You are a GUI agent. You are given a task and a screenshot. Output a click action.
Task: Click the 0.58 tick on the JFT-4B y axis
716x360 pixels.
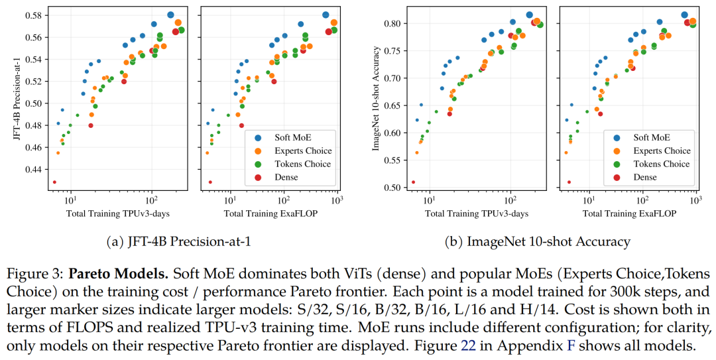pyautogui.click(x=32, y=15)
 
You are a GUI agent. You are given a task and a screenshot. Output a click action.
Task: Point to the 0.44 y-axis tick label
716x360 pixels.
pyautogui.click(x=32, y=169)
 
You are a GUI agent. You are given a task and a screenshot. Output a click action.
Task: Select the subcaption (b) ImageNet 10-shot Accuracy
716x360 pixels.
pyautogui.click(x=538, y=242)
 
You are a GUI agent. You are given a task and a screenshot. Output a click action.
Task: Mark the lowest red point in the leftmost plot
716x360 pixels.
pyautogui.click(x=54, y=182)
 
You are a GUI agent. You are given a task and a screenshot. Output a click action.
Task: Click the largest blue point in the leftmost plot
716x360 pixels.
pyautogui.click(x=170, y=15)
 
